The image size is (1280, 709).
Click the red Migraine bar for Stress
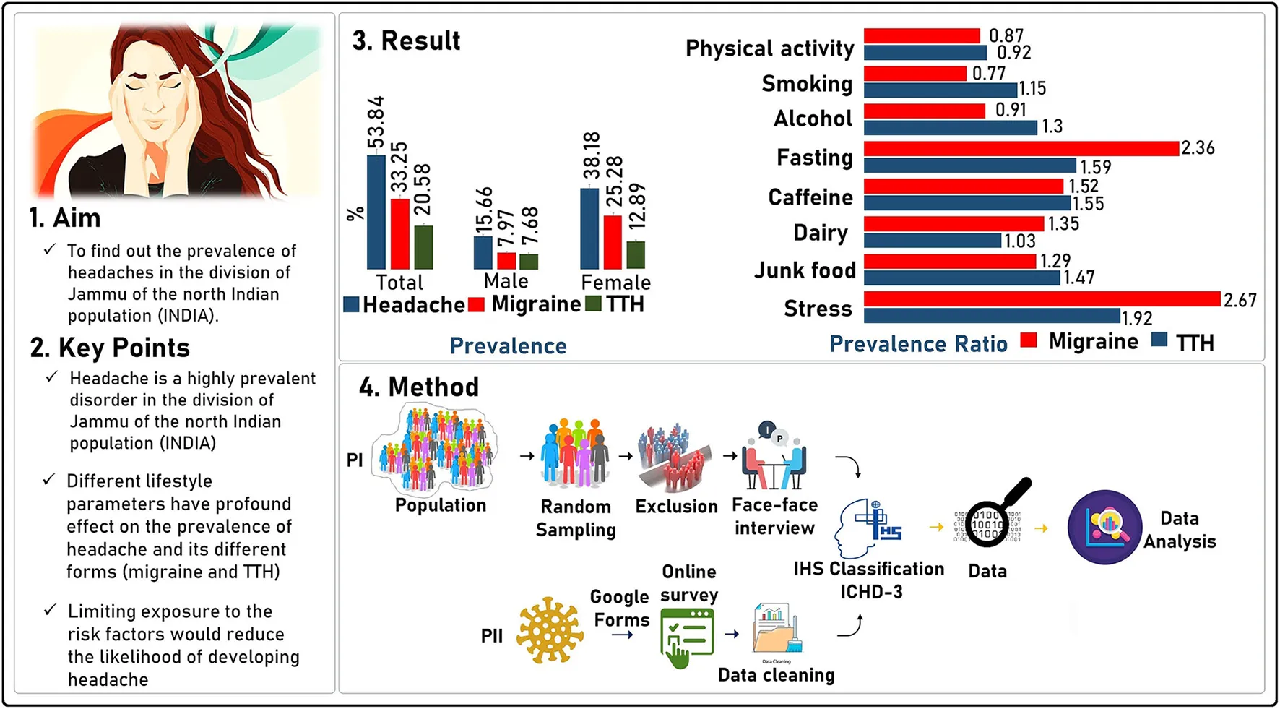click(1042, 298)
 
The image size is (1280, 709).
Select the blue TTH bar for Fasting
click(969, 166)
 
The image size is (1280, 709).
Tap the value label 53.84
click(376, 122)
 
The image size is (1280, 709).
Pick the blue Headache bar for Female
click(589, 228)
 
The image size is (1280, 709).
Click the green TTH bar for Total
click(424, 247)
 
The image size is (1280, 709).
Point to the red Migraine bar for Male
click(506, 260)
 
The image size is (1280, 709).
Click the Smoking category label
click(807, 84)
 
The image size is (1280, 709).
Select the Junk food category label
click(805, 270)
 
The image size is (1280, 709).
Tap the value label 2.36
click(1198, 148)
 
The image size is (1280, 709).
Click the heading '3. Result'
click(406, 41)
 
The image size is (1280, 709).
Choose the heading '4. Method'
click(419, 387)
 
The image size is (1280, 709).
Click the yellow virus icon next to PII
click(550, 629)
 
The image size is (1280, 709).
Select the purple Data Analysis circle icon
click(1104, 527)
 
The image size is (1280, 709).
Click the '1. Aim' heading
click(65, 218)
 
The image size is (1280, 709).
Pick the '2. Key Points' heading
click(110, 348)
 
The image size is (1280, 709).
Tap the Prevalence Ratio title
click(918, 344)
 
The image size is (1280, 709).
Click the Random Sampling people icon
click(575, 454)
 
